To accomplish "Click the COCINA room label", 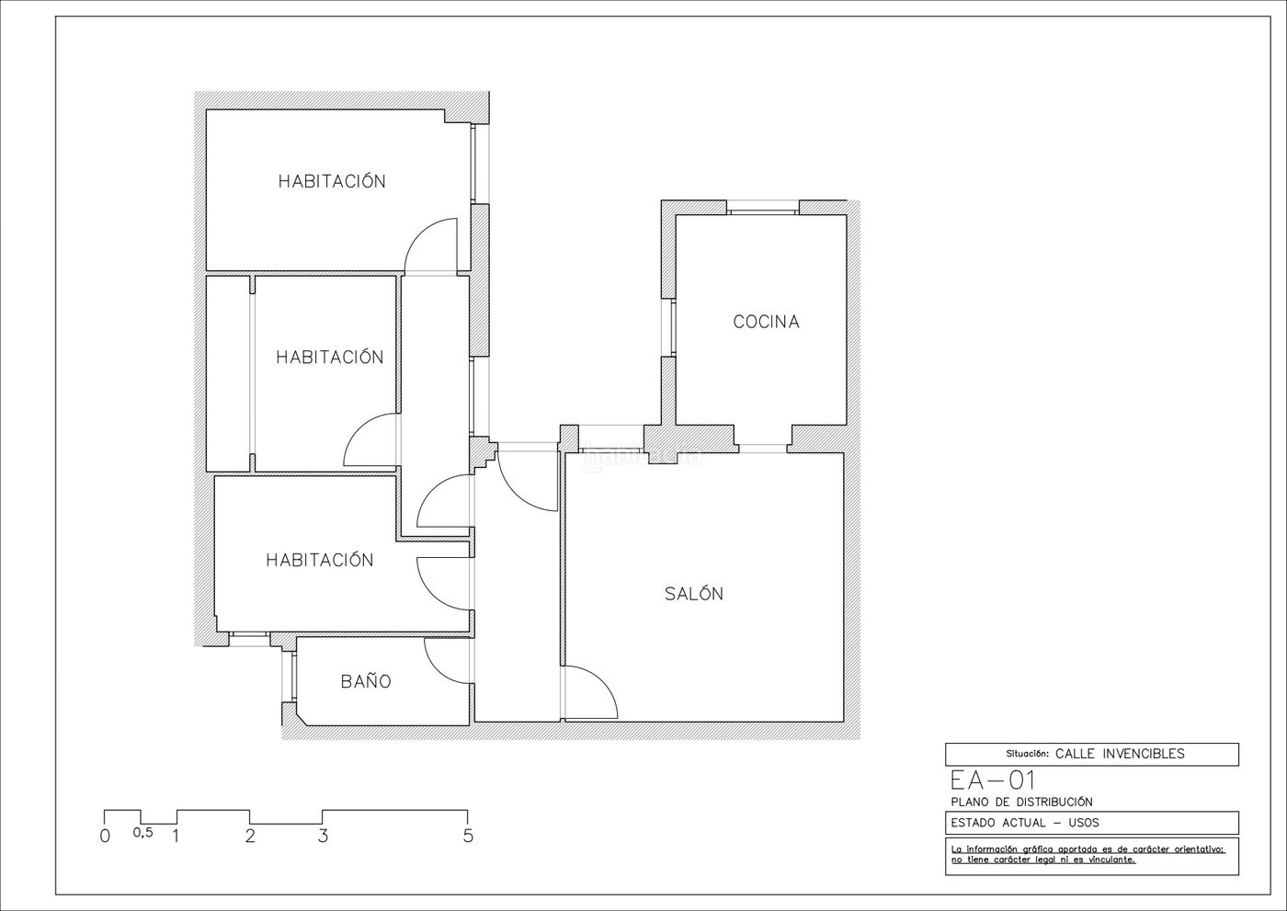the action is click(x=766, y=322).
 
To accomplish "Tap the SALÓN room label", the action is click(x=694, y=593).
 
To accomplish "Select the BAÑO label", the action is click(x=366, y=681).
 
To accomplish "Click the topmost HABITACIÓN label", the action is click(x=332, y=180).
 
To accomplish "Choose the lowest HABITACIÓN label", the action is click(x=320, y=560).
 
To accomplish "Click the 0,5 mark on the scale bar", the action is click(x=143, y=833).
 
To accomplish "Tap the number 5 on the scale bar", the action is click(x=468, y=836).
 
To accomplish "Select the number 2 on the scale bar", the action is click(x=250, y=836).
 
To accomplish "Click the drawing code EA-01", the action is click(x=993, y=780).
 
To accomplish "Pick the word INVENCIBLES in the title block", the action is click(x=1143, y=754).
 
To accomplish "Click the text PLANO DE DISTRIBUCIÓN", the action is click(x=1022, y=802).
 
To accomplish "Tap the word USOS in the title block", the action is click(x=1084, y=823).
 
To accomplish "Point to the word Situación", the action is click(x=1028, y=754).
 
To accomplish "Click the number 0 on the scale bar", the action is click(x=105, y=836).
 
